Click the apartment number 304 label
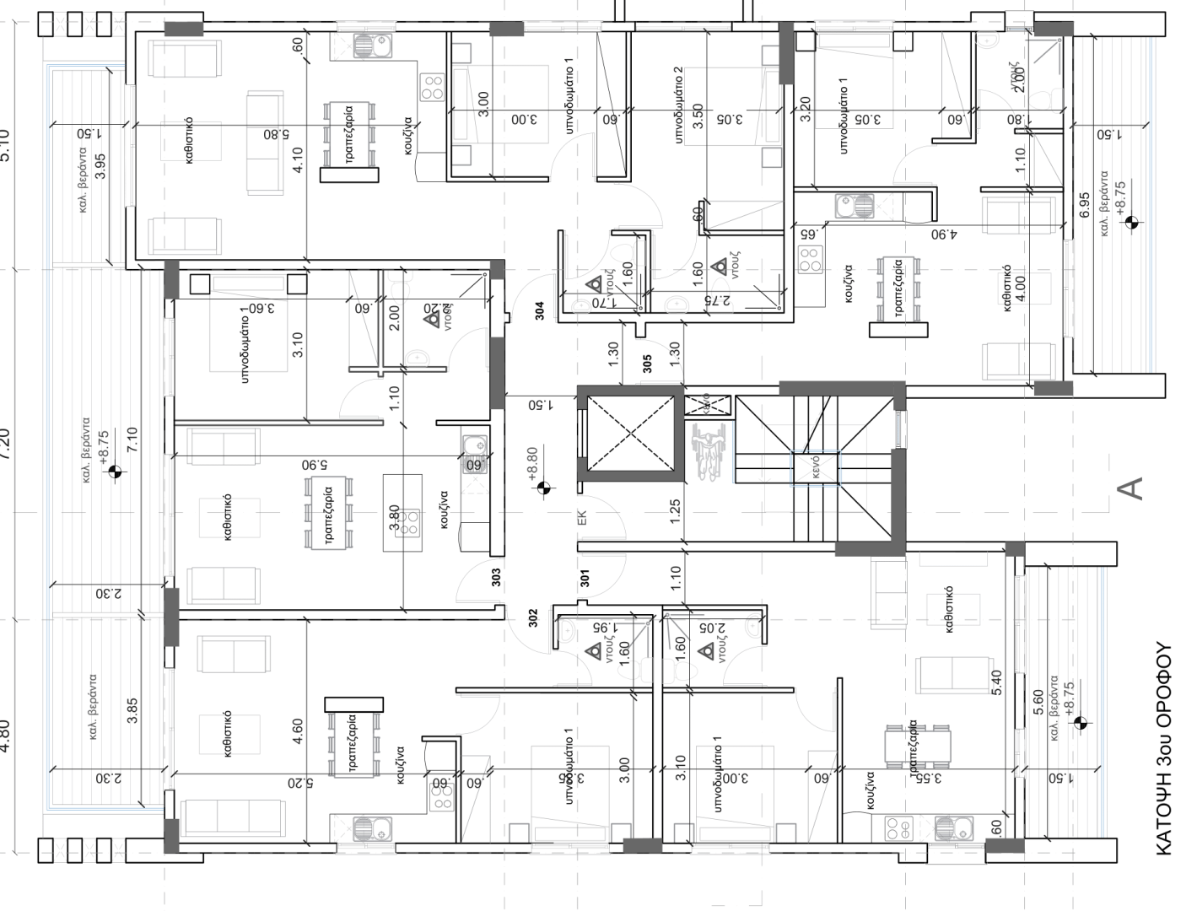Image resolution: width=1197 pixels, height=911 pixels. click(x=540, y=310)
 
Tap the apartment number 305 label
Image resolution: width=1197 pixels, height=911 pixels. click(x=647, y=364)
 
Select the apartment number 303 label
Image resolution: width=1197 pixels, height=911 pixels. click(x=496, y=577)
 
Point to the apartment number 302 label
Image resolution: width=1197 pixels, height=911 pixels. click(x=533, y=618)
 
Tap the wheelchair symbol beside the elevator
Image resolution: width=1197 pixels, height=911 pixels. click(x=708, y=452)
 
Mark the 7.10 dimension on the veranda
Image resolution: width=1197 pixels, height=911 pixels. click(x=131, y=440)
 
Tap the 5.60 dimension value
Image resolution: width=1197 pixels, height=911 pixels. click(x=1038, y=703)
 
